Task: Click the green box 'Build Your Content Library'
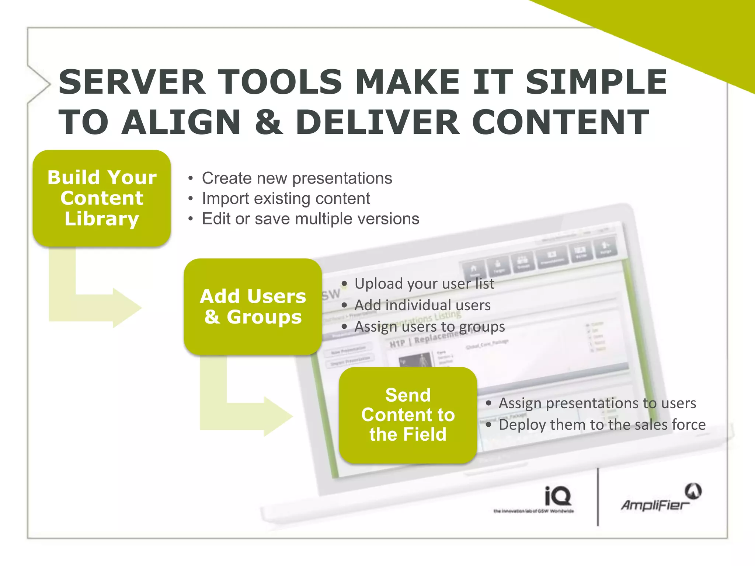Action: (102, 198)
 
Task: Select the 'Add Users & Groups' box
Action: (253, 307)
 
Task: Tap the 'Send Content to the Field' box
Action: (408, 415)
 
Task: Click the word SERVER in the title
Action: (132, 82)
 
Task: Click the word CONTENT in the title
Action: (560, 122)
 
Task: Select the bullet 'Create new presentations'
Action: (297, 178)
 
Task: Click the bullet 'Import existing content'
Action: (286, 199)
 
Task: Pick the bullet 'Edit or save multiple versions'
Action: (310, 219)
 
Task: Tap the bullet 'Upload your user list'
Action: (424, 284)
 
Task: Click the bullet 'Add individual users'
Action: (422, 305)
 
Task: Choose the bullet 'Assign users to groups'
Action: (429, 326)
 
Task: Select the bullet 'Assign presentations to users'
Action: (597, 403)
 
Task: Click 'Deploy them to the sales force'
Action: (602, 424)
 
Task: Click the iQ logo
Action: (558, 496)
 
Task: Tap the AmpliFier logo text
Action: (654, 505)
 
